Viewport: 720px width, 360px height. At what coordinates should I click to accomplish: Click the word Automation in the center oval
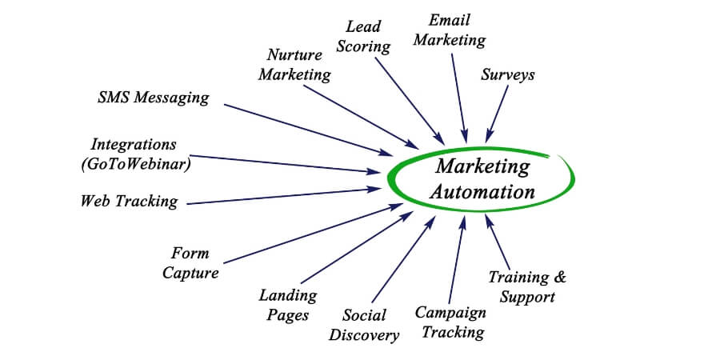[482, 191]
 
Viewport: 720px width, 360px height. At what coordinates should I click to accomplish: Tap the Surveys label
[507, 75]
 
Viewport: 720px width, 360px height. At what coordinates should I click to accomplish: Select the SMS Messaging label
[154, 98]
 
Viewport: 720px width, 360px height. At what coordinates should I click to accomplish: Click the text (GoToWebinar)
[136, 164]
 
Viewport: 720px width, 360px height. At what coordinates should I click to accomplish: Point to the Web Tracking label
[129, 202]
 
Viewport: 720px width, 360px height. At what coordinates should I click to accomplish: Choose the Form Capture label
[190, 263]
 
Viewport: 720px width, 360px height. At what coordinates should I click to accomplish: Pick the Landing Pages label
[288, 305]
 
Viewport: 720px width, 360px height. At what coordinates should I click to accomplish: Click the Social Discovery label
[364, 325]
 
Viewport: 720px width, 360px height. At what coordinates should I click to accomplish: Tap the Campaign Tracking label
[450, 322]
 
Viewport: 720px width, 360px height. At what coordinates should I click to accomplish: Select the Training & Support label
[527, 286]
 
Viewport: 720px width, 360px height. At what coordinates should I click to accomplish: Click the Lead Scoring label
[363, 37]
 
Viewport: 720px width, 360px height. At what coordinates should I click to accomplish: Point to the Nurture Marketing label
[294, 65]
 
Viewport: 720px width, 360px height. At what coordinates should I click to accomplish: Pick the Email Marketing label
[450, 30]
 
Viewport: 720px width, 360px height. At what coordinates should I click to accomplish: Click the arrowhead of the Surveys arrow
[489, 137]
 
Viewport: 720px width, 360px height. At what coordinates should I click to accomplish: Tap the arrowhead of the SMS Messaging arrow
[386, 153]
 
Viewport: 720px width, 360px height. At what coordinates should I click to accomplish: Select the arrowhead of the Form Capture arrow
[397, 206]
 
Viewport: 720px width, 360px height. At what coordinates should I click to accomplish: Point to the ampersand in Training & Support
[559, 277]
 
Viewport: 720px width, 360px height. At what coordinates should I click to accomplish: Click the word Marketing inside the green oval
[482, 166]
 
